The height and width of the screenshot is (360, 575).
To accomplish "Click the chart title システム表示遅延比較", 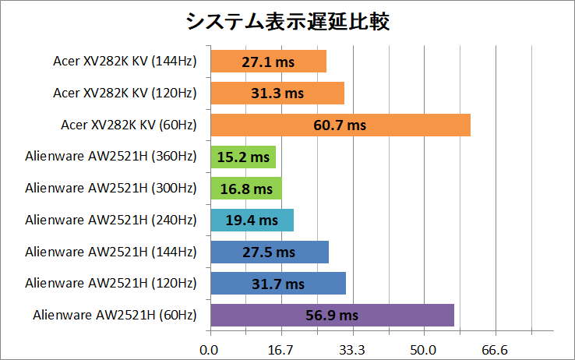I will coord(288,21).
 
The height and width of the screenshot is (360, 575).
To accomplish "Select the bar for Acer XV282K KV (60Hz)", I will coord(340,125).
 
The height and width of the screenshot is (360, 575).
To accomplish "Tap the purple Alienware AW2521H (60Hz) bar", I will coord(332,315).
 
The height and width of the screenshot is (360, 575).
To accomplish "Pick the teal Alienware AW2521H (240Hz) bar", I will coord(252,220).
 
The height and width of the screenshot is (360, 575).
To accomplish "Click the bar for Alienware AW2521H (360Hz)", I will coord(243,157).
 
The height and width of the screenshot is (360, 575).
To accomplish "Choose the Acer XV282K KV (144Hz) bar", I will coord(268,62).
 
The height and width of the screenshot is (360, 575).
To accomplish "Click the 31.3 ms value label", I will coord(277,94).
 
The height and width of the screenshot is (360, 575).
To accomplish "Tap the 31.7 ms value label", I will coord(278,284).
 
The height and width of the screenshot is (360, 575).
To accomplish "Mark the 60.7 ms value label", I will coord(340,125).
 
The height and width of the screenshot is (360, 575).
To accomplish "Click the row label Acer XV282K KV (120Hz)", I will coord(125,94).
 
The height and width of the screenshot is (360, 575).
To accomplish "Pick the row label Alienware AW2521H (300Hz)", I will coord(111,189).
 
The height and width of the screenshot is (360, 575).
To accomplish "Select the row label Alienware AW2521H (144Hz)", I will coord(111,252).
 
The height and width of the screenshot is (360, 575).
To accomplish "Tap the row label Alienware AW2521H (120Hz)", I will coord(111,284).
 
